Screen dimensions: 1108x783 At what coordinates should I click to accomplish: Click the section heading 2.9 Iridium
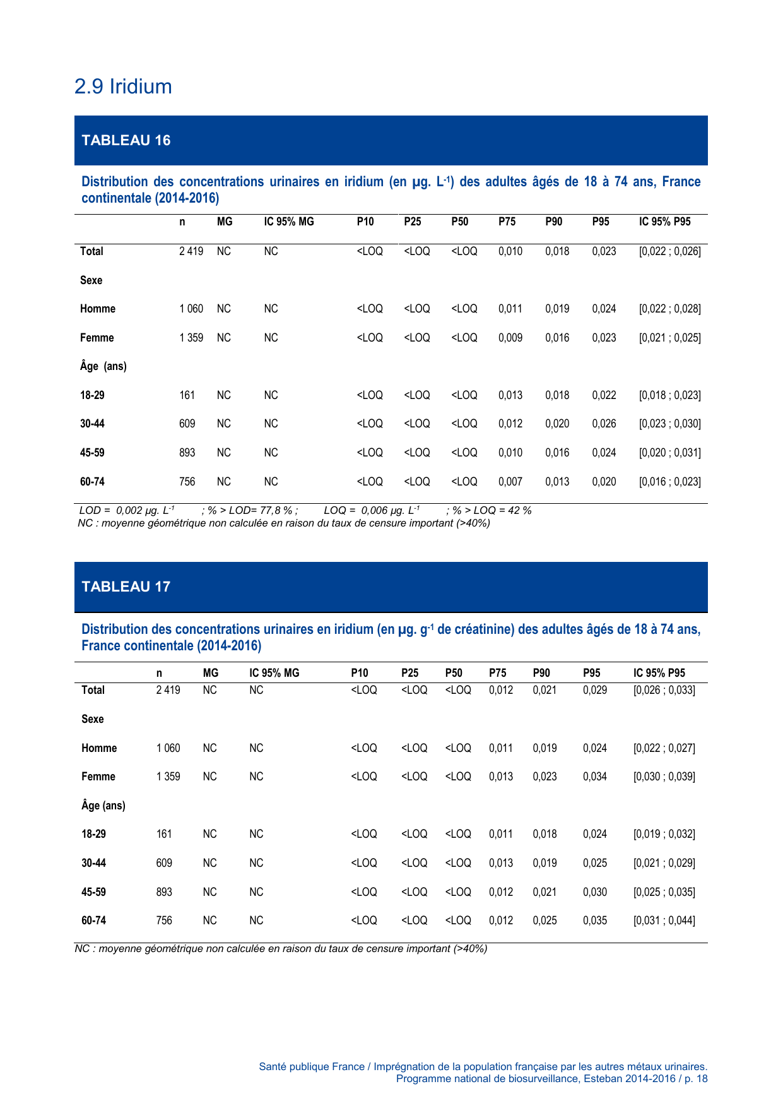(x=123, y=86)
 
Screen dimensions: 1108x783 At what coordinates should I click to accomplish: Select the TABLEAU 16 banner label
(x=126, y=140)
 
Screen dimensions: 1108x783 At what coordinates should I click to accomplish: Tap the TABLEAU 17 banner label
(x=126, y=587)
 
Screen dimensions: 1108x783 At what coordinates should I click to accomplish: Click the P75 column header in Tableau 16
(x=507, y=222)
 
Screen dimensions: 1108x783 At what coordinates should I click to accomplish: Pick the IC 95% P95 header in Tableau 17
(x=659, y=673)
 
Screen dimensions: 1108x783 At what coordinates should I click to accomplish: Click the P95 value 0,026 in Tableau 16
(x=604, y=424)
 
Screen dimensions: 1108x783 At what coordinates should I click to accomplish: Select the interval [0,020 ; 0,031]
(x=669, y=453)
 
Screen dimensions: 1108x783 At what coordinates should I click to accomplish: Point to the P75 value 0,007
(x=510, y=482)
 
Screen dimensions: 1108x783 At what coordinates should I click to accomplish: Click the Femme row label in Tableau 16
(x=97, y=338)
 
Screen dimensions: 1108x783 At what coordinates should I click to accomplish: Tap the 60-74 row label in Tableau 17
(x=93, y=920)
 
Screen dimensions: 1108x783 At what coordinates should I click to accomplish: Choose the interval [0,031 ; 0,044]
(x=664, y=920)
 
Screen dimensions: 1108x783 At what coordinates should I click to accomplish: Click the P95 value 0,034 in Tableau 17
(x=595, y=777)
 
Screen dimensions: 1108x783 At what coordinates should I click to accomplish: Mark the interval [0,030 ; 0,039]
(x=664, y=777)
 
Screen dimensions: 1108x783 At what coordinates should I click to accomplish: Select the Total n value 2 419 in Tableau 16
(x=191, y=251)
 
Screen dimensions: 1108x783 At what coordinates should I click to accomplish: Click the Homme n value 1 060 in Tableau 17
(x=168, y=748)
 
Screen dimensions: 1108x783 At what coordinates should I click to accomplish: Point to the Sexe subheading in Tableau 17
(x=93, y=719)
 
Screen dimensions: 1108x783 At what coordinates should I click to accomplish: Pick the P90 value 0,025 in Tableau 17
(x=545, y=920)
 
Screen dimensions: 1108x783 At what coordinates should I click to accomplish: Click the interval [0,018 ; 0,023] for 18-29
(x=669, y=395)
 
